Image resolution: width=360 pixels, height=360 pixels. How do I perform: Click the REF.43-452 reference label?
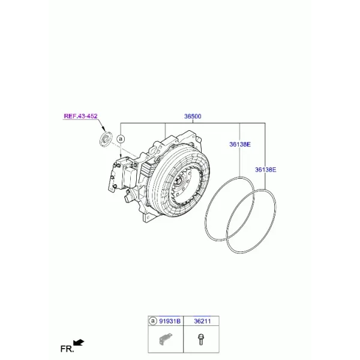pyautogui.click(x=80, y=116)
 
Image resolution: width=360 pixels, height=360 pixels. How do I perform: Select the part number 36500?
pyautogui.click(x=193, y=116)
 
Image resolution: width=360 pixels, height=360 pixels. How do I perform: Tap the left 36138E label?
pyautogui.click(x=240, y=145)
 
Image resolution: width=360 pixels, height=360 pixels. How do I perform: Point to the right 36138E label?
pyautogui.click(x=266, y=170)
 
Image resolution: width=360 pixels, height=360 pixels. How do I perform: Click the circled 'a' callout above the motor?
pyautogui.click(x=121, y=139)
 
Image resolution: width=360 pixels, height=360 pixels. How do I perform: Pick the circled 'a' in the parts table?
pyautogui.click(x=152, y=321)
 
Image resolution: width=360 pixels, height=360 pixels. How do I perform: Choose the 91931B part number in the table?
pyautogui.click(x=170, y=321)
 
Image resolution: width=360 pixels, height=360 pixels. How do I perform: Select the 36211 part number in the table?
pyautogui.click(x=202, y=321)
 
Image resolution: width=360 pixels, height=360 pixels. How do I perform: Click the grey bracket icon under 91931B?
pyautogui.click(x=166, y=339)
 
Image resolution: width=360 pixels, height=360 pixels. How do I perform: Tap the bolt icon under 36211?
pyautogui.click(x=201, y=340)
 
